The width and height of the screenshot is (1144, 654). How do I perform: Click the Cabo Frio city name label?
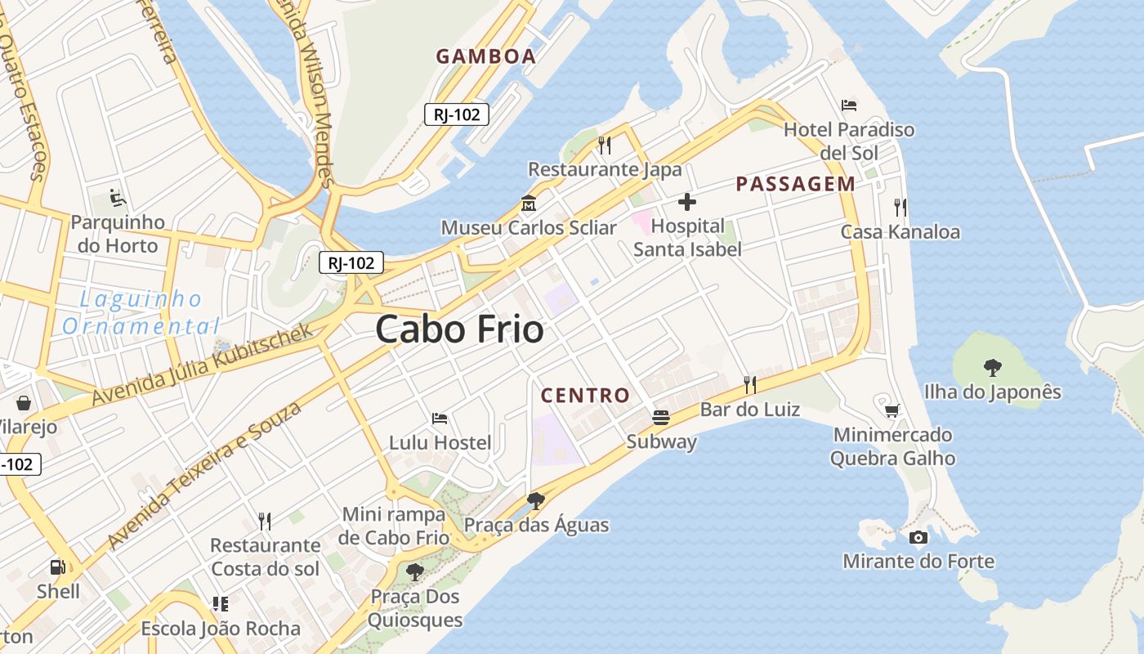click(459, 329)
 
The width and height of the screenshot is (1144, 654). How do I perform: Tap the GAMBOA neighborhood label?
click(485, 56)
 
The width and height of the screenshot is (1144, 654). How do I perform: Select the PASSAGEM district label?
click(795, 184)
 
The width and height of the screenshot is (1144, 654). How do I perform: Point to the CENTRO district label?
click(585, 396)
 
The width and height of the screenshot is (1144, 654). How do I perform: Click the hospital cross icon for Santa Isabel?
click(686, 202)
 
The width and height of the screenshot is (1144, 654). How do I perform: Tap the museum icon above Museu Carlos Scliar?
click(529, 203)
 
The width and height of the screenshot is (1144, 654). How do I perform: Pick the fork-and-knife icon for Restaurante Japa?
click(605, 145)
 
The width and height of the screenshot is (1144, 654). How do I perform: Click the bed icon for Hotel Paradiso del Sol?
click(849, 105)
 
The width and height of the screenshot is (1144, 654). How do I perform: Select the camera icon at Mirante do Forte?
click(918, 537)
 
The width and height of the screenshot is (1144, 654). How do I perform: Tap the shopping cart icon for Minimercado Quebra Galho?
click(892, 410)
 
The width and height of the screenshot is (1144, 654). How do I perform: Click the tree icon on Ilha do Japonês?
click(993, 367)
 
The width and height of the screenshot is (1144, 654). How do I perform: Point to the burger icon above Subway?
click(661, 418)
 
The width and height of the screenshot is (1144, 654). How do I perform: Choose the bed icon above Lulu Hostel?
click(440, 419)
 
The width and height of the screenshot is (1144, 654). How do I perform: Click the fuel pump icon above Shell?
click(58, 567)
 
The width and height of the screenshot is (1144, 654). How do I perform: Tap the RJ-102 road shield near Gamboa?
click(456, 114)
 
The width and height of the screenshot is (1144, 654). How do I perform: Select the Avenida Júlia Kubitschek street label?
click(202, 365)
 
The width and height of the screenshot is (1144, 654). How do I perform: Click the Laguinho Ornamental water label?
click(141, 313)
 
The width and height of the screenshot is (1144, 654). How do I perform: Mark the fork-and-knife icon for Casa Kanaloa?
click(900, 207)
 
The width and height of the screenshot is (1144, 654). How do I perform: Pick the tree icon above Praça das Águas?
click(536, 500)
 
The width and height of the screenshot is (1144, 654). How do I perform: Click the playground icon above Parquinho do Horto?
click(117, 198)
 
